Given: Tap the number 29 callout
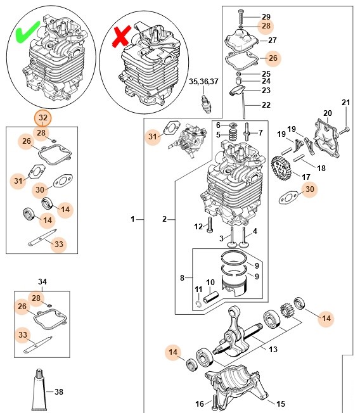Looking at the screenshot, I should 266,16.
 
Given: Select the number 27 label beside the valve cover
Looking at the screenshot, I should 272,41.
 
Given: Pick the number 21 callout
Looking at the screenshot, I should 345,103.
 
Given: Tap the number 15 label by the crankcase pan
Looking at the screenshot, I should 281,403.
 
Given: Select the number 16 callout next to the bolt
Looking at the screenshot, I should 199,403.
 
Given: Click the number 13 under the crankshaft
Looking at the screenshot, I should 273,349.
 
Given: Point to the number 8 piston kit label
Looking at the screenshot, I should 182,277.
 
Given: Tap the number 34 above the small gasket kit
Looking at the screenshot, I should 43,281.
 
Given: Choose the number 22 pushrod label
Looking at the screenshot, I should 266,105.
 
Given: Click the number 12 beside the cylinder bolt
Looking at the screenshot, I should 198,226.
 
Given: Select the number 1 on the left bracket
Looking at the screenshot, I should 134,219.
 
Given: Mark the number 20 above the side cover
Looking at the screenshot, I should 328,113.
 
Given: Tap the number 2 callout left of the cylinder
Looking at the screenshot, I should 164,219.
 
